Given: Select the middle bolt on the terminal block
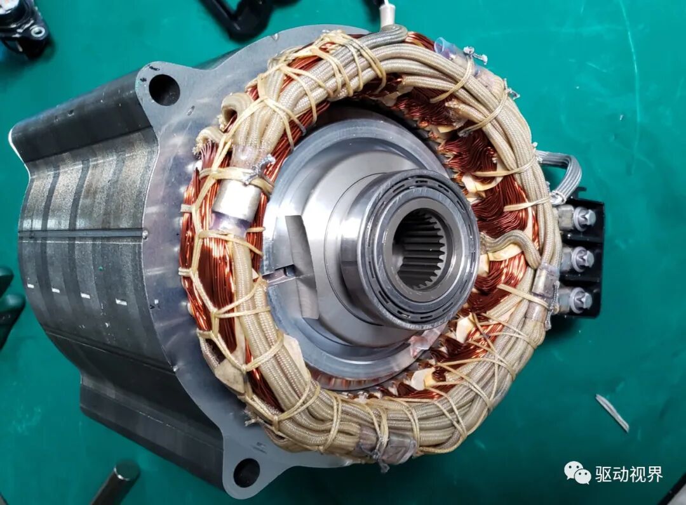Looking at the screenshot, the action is click(581, 258).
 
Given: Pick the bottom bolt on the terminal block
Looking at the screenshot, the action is click(581, 299).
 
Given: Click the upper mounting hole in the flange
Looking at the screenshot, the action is click(164, 89).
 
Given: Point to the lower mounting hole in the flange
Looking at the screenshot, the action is click(246, 472).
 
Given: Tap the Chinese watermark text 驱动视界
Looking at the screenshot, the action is click(629, 474).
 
